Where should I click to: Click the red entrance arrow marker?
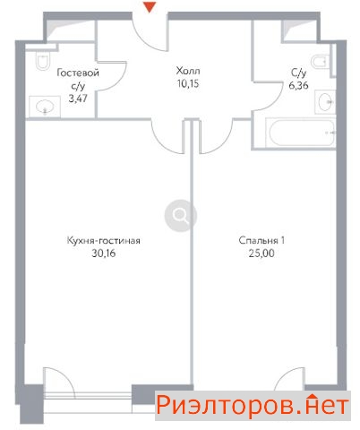click(150, 7)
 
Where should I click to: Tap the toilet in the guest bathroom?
click(42, 60)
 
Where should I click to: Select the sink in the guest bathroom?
click(45, 107)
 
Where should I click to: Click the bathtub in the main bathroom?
click(300, 133)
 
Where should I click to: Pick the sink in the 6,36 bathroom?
click(325, 102)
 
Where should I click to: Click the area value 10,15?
click(188, 84)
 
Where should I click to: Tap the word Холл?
click(188, 71)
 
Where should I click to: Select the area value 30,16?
click(103, 254)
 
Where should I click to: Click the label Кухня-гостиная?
click(104, 240)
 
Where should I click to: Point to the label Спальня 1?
click(261, 240)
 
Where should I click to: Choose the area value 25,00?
click(261, 254)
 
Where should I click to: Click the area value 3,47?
click(78, 99)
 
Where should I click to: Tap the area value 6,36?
click(298, 86)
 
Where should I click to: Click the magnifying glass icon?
click(181, 215)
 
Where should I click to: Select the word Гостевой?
click(78, 73)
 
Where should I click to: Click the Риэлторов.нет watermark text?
click(253, 406)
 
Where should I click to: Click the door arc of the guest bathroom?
click(120, 78)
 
